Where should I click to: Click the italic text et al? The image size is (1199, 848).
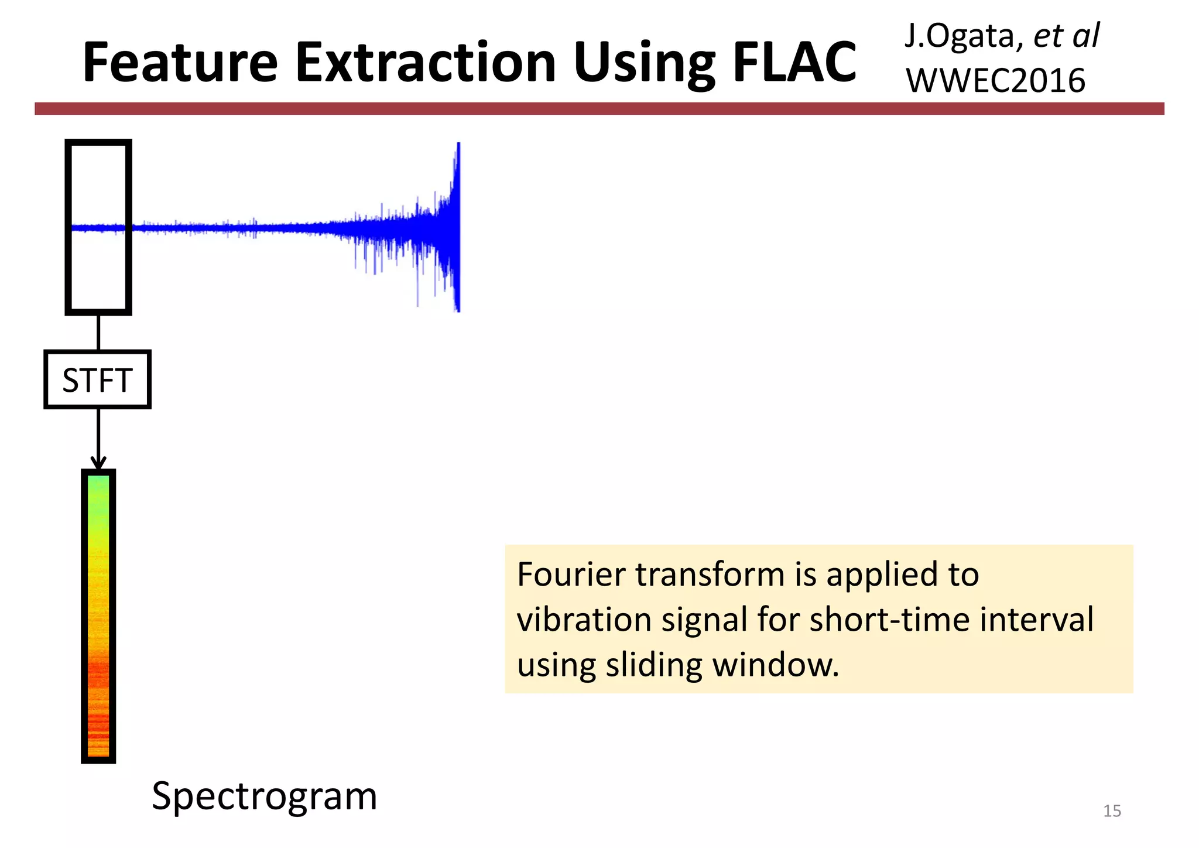[x=1066, y=36]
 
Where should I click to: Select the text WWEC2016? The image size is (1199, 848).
[x=995, y=81]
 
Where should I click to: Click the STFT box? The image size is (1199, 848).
[x=98, y=379]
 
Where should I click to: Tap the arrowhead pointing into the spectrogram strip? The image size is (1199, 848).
[x=98, y=463]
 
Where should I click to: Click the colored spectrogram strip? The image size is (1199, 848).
[x=98, y=615]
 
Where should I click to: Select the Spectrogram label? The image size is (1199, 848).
[x=264, y=796]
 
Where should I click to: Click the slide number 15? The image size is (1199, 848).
[x=1111, y=811]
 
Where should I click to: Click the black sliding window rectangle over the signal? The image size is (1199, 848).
[x=98, y=227]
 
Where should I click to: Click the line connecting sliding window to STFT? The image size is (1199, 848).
[x=98, y=333]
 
